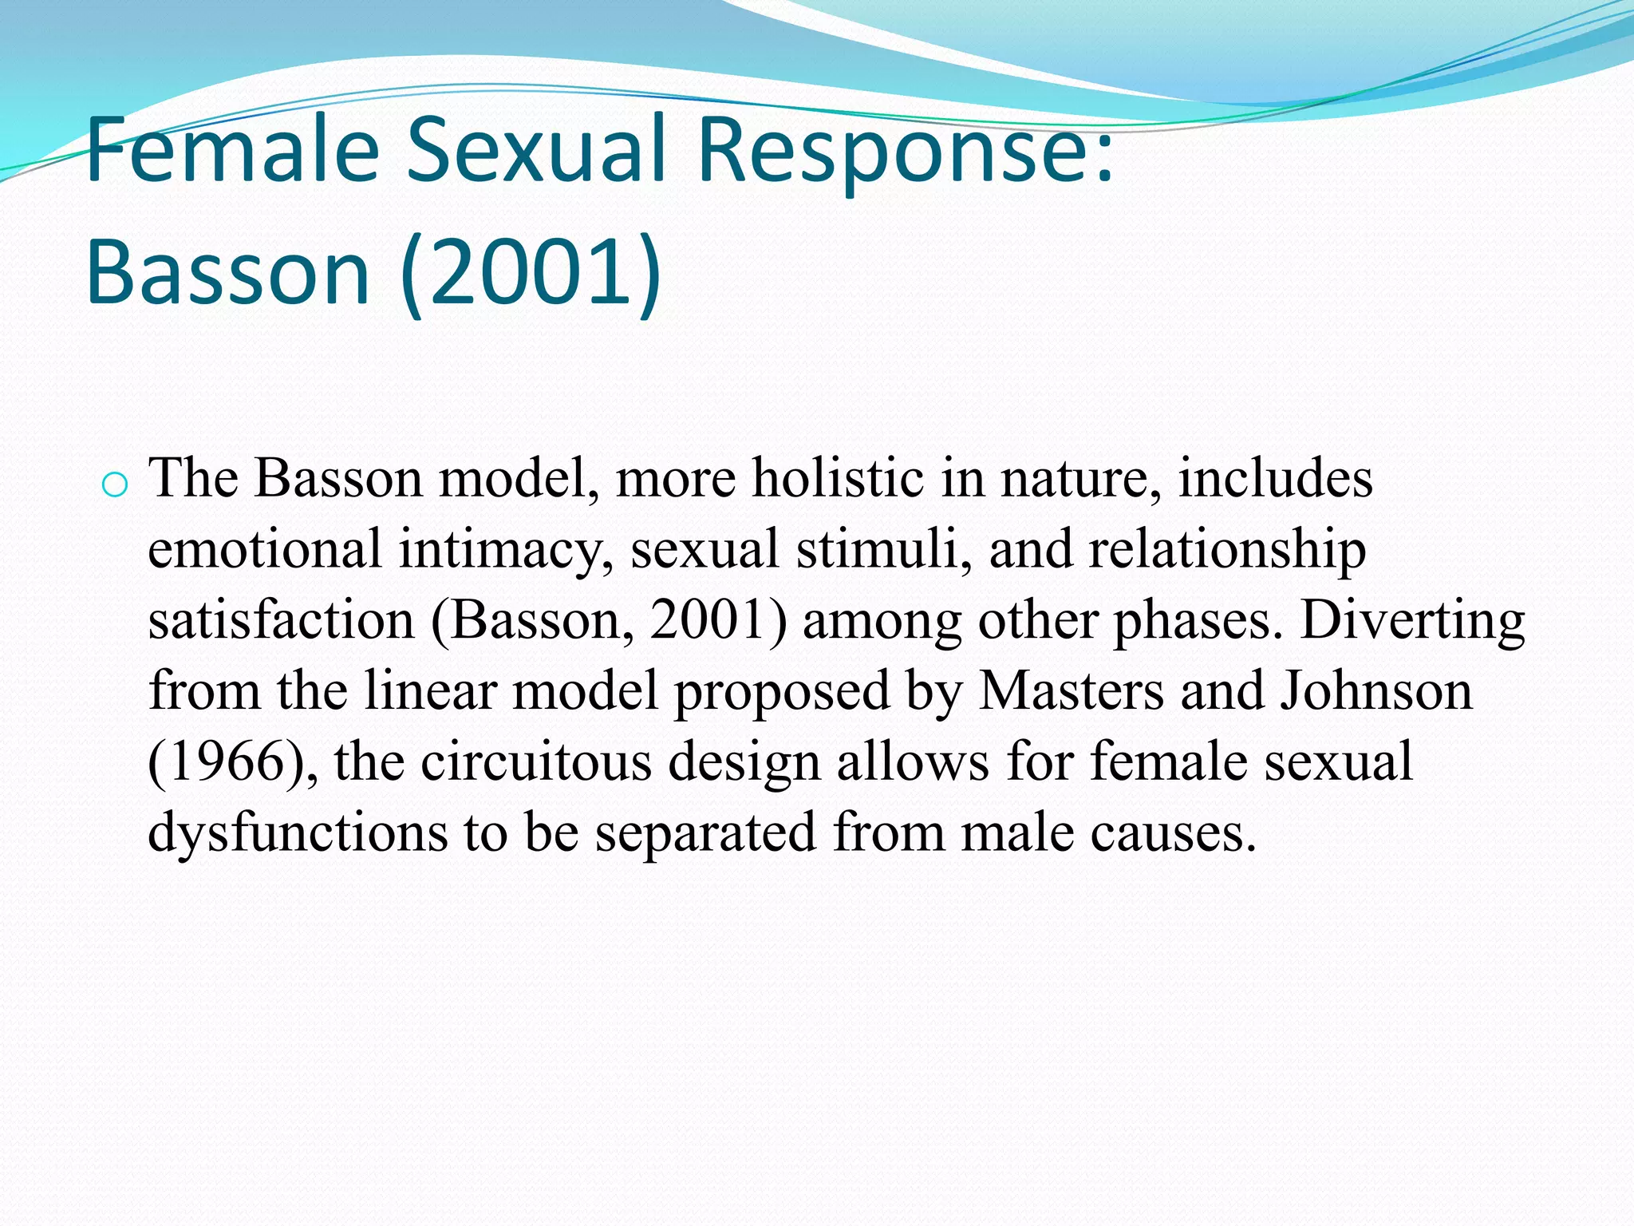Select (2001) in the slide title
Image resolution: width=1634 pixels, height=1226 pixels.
[x=531, y=273]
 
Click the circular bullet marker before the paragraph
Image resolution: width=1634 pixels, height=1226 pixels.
[x=115, y=484]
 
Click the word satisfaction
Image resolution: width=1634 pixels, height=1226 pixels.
[x=281, y=620]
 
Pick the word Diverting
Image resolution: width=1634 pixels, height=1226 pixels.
[x=1412, y=622]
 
